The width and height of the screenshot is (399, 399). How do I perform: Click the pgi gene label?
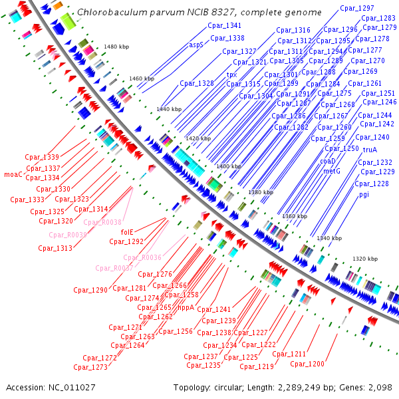pos(364,194)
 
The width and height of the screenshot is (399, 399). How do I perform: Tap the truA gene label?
pos(370,150)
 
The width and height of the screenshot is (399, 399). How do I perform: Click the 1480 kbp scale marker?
pos(116,47)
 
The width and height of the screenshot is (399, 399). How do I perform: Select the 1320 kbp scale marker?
pos(365,258)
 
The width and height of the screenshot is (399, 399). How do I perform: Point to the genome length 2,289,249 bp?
pos(307,387)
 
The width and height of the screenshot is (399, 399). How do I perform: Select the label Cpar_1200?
pos(307,364)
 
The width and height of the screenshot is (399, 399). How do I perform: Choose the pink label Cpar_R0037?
pos(114,268)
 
